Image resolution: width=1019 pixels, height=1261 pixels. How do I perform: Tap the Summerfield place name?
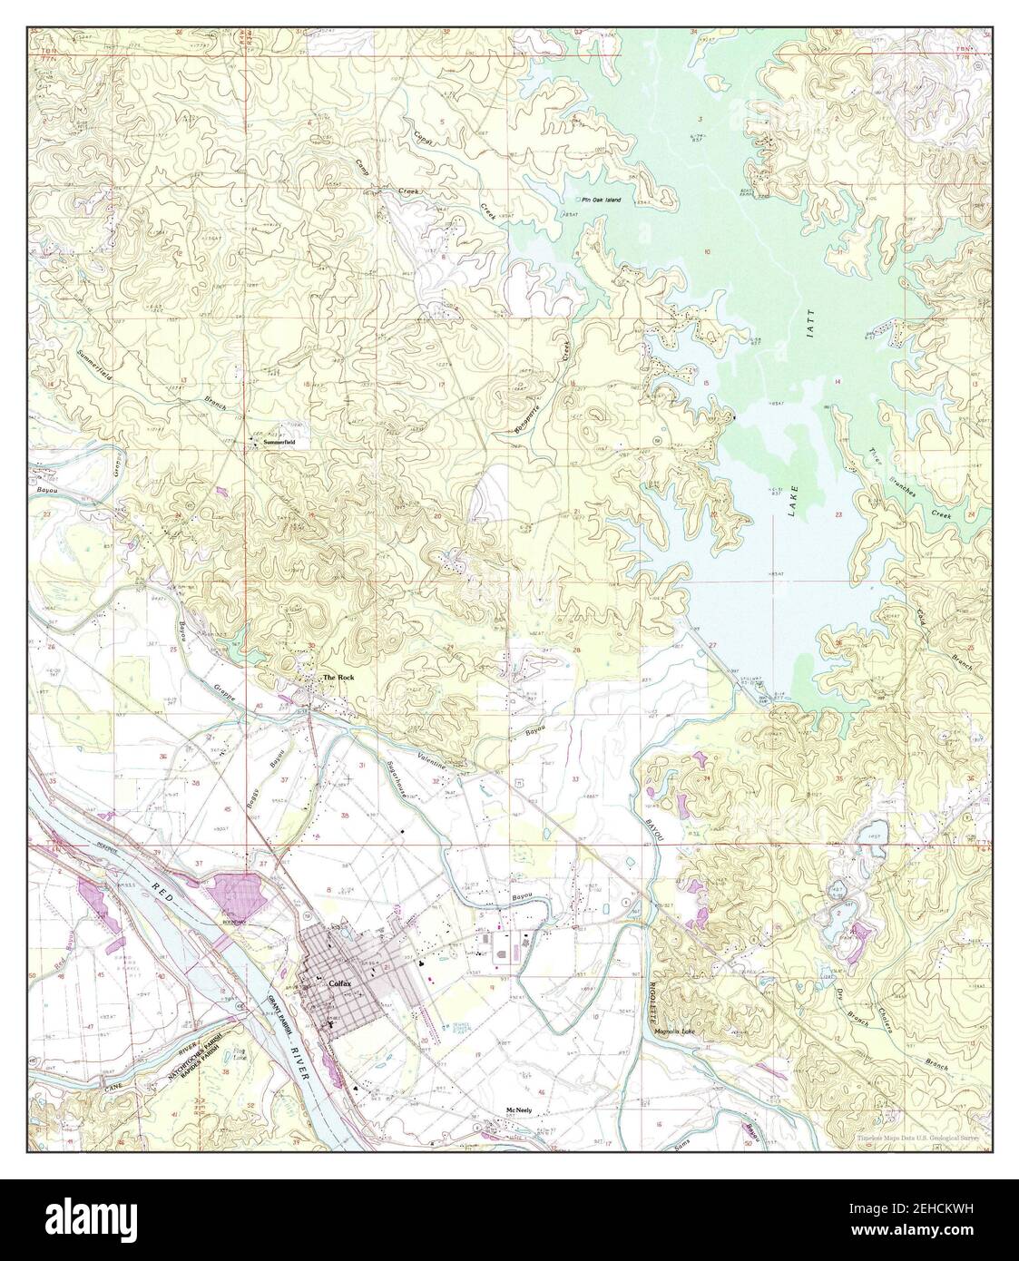coord(279,443)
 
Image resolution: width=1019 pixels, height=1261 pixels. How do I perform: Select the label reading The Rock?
coord(338,678)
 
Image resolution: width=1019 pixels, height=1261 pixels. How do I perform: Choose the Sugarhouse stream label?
coord(398,777)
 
